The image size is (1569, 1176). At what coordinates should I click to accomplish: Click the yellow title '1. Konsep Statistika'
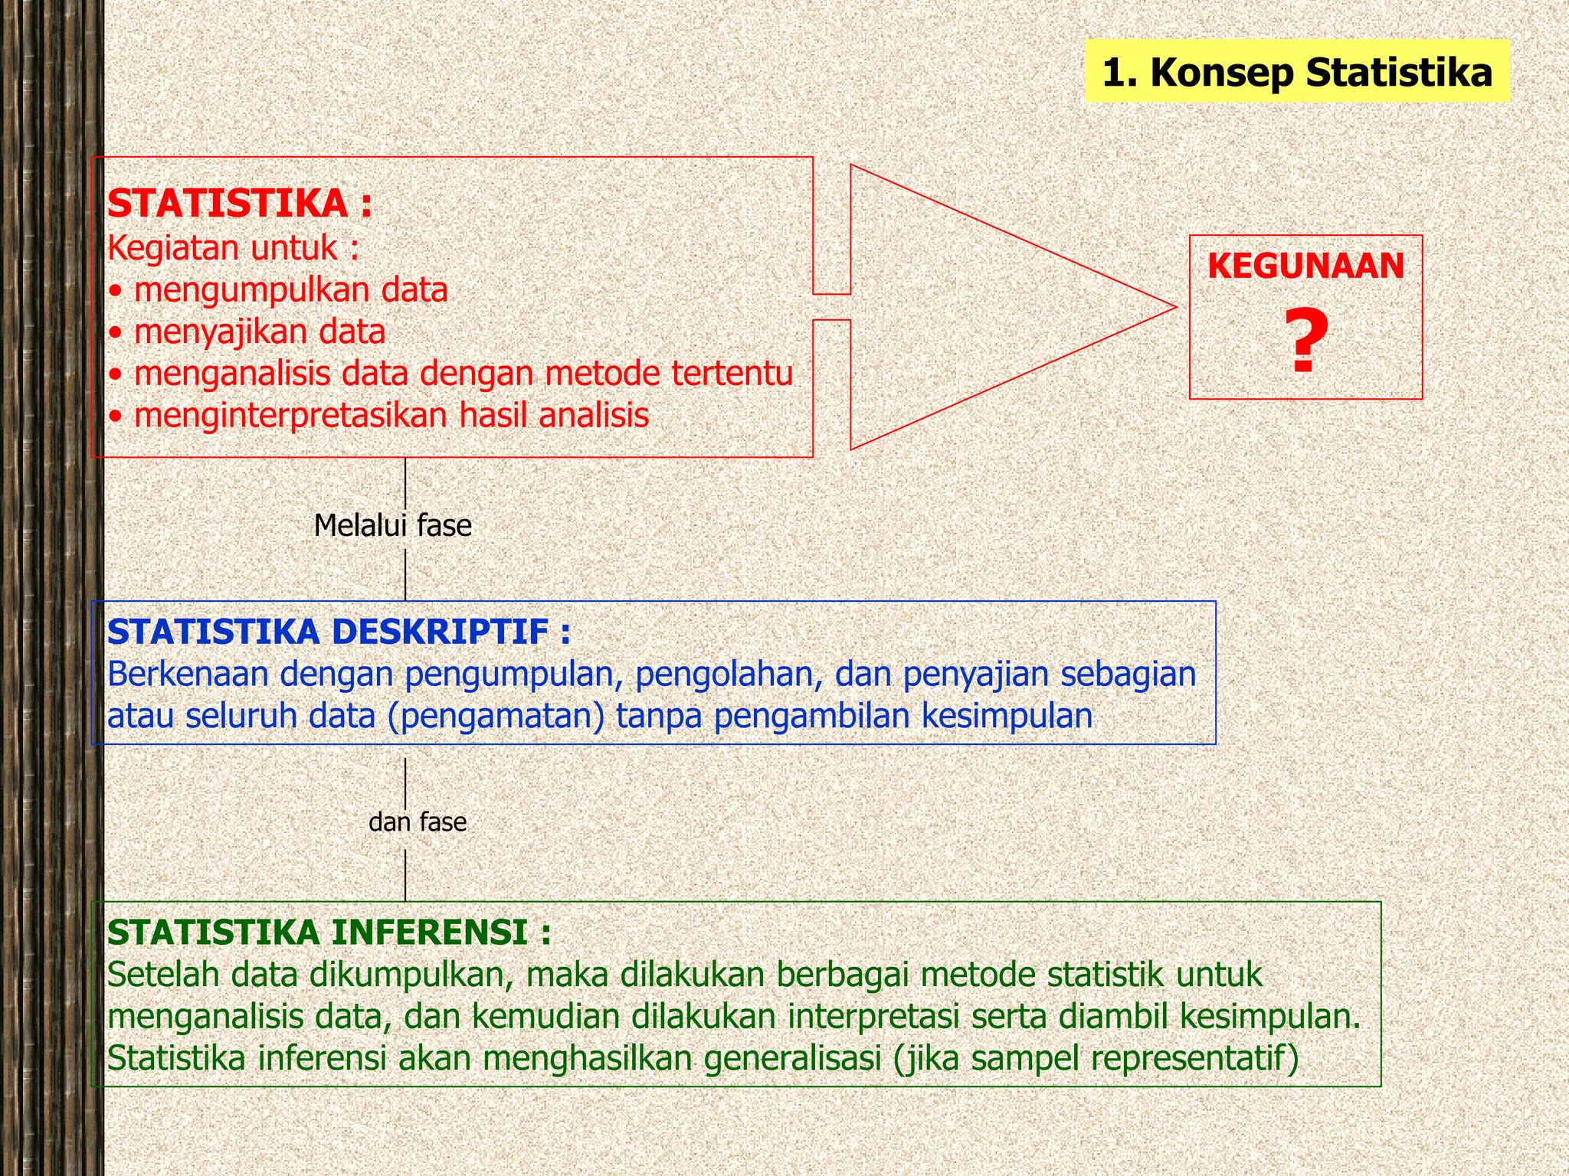click(x=1297, y=73)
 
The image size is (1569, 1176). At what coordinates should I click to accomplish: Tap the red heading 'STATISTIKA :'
click(x=240, y=204)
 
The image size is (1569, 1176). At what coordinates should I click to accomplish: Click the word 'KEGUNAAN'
click(x=1305, y=266)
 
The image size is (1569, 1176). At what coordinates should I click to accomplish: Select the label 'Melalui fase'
click(x=392, y=526)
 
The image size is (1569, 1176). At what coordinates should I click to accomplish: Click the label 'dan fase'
click(x=417, y=822)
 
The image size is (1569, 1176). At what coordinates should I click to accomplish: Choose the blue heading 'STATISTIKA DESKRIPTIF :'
click(x=339, y=633)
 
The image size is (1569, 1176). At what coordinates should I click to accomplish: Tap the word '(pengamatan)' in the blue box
click(x=496, y=717)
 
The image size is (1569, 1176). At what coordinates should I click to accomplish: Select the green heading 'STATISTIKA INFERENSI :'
click(x=329, y=933)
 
